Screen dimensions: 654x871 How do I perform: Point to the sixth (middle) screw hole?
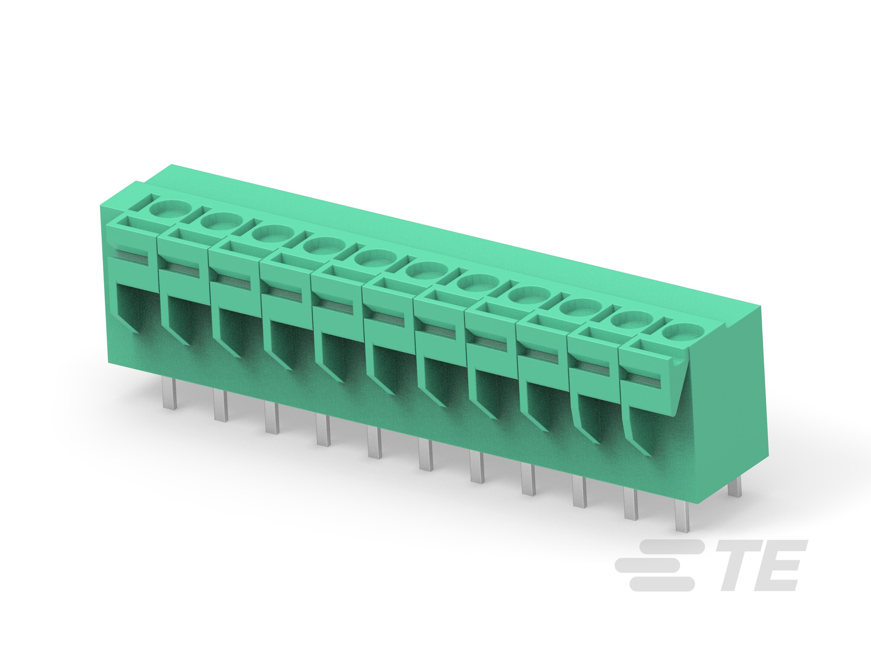(421, 270)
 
